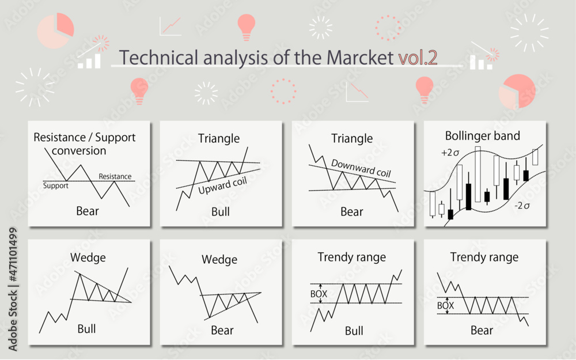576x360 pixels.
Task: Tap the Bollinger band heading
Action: [x=483, y=136]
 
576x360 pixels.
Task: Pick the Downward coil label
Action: [x=361, y=168]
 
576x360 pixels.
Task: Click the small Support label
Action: [x=56, y=185]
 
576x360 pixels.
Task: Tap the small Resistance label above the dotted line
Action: [x=115, y=176]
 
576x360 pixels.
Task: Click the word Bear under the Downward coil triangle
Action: [x=351, y=211]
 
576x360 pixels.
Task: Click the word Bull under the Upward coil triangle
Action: [x=220, y=211]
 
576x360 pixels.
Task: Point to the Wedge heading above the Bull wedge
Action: [x=88, y=257]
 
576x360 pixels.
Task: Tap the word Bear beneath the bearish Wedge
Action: [x=222, y=330]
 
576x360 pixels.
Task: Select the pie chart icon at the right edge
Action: [x=517, y=92]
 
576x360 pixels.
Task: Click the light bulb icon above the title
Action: [x=246, y=26]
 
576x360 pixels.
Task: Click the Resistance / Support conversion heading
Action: [x=84, y=144]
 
